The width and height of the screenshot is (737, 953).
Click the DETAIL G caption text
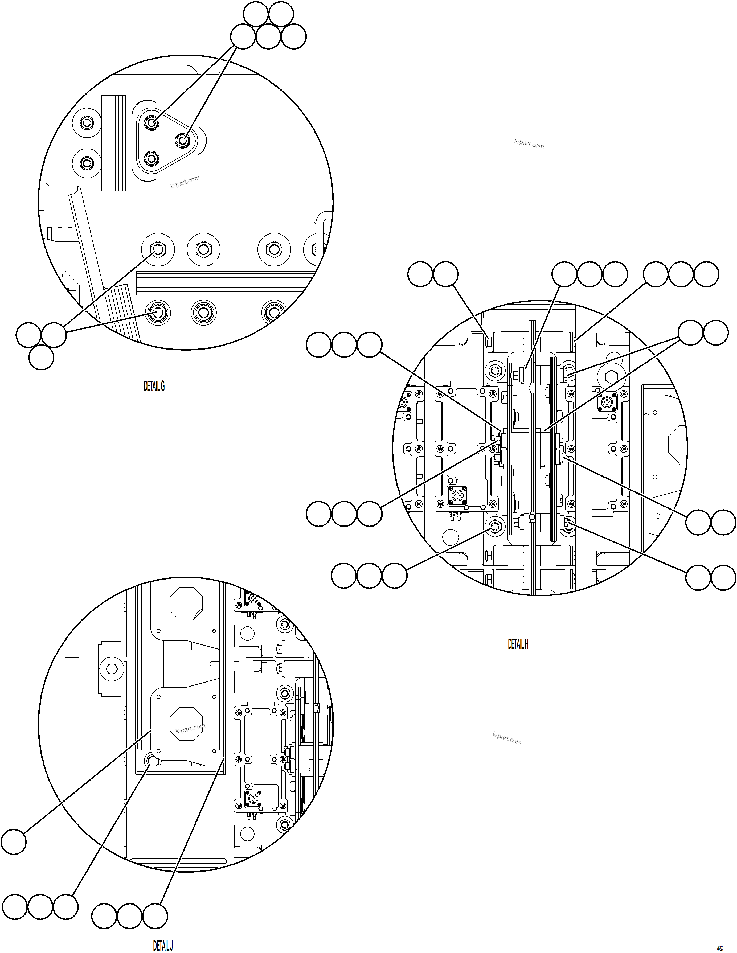pyautogui.click(x=154, y=386)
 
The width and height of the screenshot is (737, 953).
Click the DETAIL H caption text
pyautogui.click(x=518, y=644)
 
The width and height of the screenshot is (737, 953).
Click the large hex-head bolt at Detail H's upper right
pyautogui.click(x=611, y=374)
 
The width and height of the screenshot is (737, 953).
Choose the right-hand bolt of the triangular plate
pyautogui.click(x=182, y=141)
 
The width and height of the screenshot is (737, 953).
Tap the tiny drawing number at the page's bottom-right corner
pyautogui.click(x=727, y=948)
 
